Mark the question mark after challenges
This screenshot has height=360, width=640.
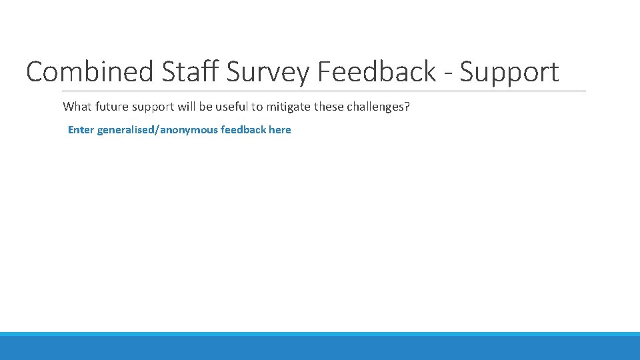[407, 107]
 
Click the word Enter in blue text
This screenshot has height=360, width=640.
[81, 129]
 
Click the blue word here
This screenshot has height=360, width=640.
[280, 129]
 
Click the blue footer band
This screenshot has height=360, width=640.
[320, 347]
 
